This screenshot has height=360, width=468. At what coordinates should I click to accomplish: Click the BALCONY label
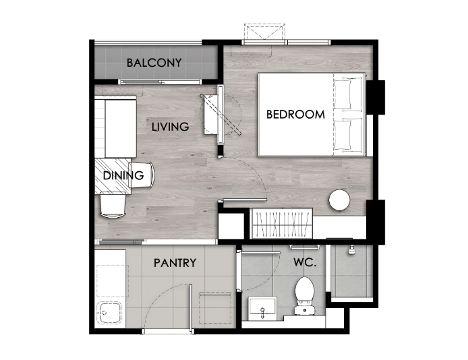(x=154, y=63)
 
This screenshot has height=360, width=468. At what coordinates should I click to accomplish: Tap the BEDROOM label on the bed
(x=295, y=115)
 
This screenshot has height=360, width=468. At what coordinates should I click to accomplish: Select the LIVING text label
(x=171, y=127)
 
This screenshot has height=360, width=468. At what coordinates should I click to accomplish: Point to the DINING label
(x=123, y=175)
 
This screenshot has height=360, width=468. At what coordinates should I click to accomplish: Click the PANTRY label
(x=175, y=263)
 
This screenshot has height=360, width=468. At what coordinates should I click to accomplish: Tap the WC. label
(x=305, y=262)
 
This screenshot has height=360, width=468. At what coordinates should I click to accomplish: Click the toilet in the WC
(x=304, y=295)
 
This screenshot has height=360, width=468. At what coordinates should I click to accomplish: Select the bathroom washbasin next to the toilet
(x=262, y=308)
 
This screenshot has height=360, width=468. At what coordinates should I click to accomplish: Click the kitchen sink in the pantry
(x=109, y=313)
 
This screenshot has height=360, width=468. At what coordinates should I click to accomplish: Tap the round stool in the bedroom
(x=339, y=200)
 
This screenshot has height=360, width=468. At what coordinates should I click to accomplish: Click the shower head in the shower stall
(x=352, y=250)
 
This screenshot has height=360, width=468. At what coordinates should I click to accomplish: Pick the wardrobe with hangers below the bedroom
(x=282, y=224)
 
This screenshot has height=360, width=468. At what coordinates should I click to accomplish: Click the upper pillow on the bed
(x=348, y=93)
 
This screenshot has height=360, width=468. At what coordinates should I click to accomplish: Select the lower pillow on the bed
(x=348, y=134)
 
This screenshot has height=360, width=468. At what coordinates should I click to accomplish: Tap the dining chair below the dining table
(x=113, y=206)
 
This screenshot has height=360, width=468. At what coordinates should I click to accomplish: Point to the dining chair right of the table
(x=142, y=175)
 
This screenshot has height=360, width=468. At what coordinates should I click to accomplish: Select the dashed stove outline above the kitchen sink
(x=113, y=280)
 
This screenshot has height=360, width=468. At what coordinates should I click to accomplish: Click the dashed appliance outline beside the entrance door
(x=215, y=308)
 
